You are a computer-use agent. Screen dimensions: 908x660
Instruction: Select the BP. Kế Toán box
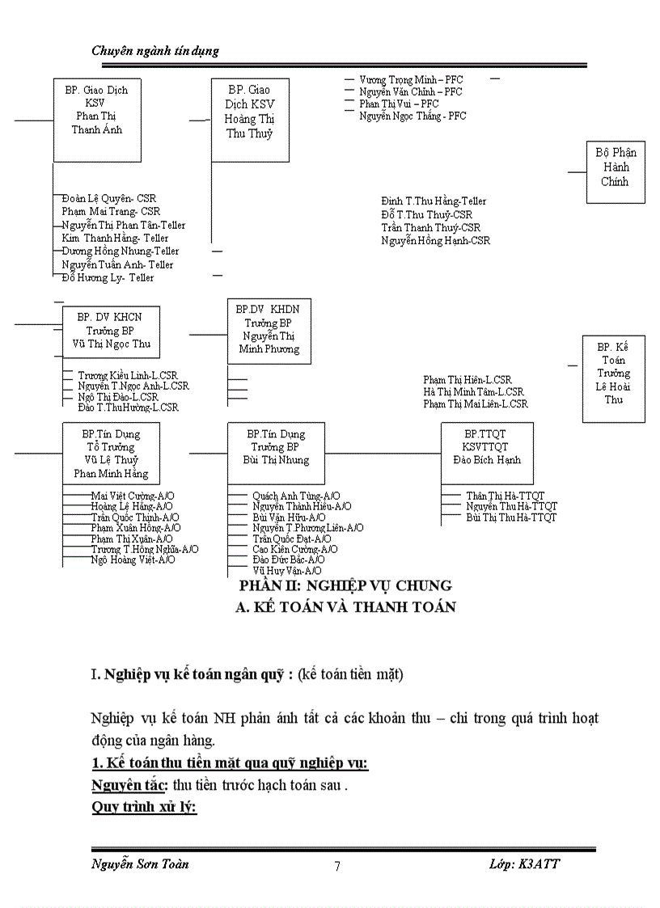(614, 378)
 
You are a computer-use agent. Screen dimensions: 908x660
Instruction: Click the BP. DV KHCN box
(110, 331)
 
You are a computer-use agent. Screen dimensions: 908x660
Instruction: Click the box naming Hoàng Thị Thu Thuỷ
(249, 120)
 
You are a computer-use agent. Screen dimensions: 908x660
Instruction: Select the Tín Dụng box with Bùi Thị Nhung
(275, 452)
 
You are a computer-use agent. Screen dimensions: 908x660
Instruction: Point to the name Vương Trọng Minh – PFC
(411, 80)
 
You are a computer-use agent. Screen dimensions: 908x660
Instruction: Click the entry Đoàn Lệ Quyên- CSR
(109, 198)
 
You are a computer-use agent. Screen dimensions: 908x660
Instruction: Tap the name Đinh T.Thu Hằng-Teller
(434, 201)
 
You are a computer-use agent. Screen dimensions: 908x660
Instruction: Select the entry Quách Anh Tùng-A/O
(296, 496)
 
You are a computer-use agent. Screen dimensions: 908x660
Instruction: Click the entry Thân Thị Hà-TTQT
(506, 496)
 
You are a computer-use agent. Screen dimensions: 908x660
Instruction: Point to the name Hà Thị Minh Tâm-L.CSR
(473, 392)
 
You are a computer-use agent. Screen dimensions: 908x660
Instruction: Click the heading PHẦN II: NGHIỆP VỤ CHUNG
(345, 585)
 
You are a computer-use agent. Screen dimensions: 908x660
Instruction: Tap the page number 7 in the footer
(337, 866)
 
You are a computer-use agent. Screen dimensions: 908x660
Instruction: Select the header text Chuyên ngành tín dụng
(155, 51)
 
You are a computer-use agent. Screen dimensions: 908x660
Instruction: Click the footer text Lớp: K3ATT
(524, 864)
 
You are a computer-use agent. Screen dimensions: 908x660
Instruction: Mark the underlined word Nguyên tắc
(129, 784)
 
